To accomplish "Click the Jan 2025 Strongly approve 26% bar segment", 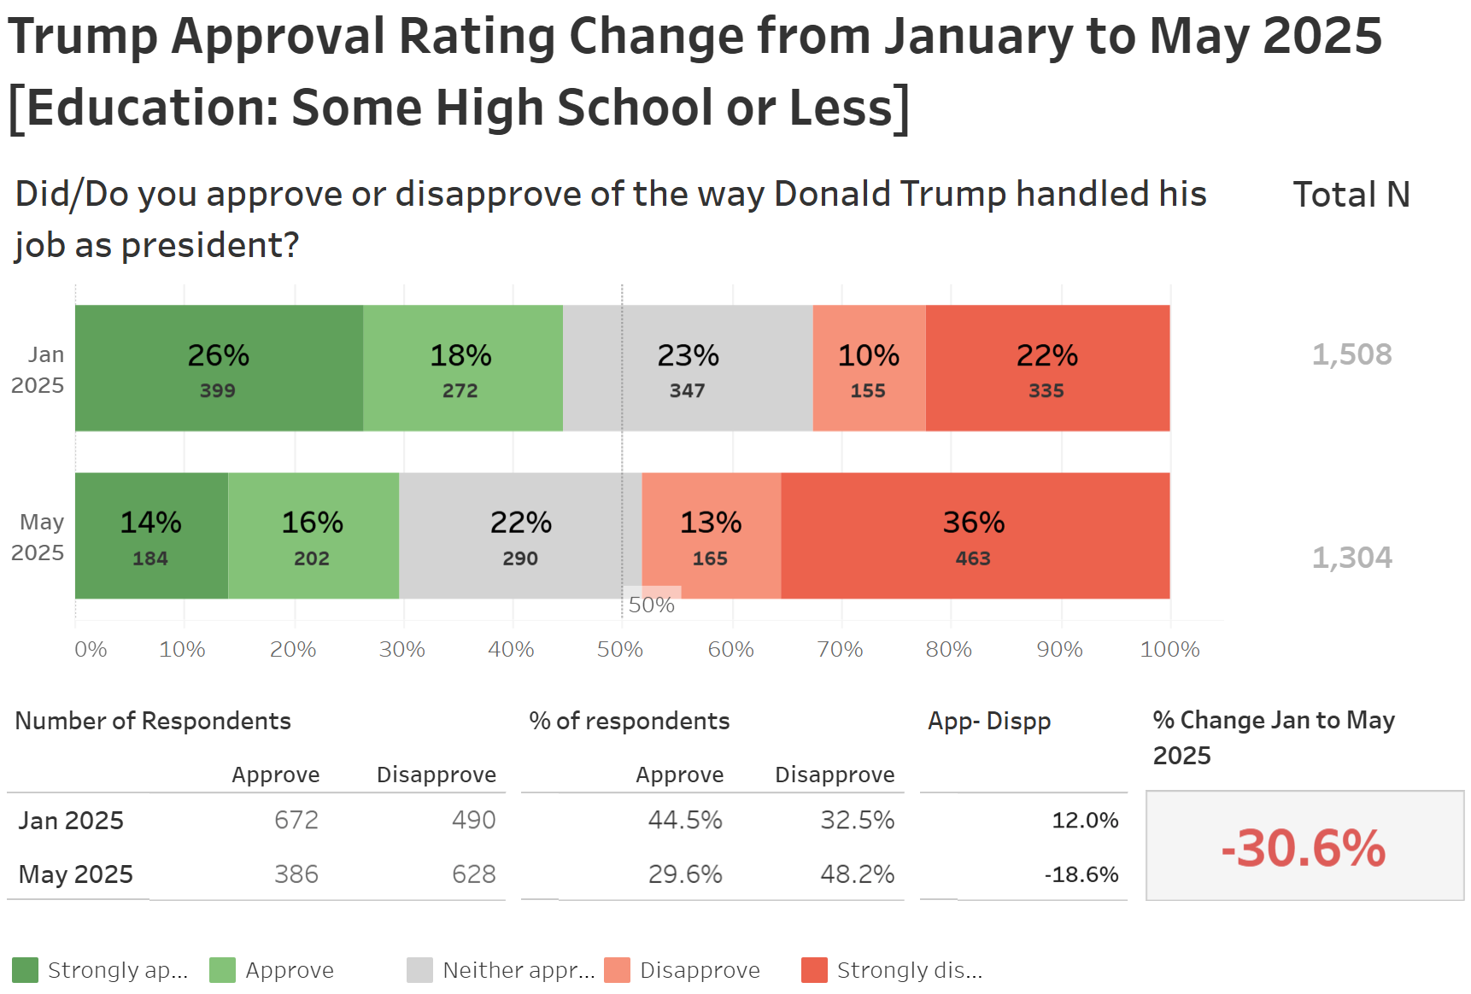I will tap(219, 368).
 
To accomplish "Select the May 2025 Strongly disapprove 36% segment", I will tap(974, 535).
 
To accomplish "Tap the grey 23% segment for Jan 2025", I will tap(688, 368).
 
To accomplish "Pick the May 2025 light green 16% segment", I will tap(313, 535).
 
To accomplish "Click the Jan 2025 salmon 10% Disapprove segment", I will tap(869, 368).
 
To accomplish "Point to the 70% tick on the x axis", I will tap(841, 650).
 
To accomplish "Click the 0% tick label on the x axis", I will tap(91, 650).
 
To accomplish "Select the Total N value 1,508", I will tap(1351, 354).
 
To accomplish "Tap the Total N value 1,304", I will tap(1351, 558).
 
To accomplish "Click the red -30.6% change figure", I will tap(1304, 848).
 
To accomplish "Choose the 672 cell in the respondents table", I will tap(296, 820).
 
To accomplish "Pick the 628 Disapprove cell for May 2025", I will tap(473, 874).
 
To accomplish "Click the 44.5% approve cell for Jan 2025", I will tap(685, 820).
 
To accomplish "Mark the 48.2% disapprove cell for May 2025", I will tap(857, 874).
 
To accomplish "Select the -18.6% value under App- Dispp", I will tap(1081, 874).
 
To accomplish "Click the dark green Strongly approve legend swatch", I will tap(26, 970).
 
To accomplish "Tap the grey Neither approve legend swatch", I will tap(419, 970).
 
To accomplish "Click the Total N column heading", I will tap(1351, 195).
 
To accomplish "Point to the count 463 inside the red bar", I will tap(973, 558).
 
